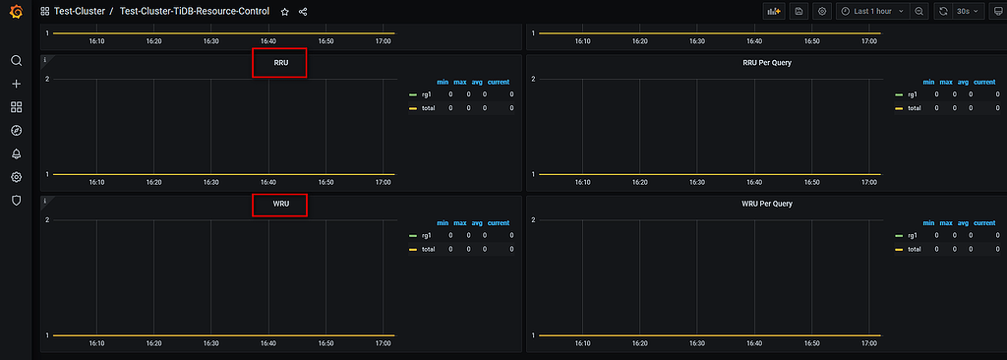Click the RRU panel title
pos(280,63)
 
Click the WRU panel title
pos(280,204)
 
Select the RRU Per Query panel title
pos(767,63)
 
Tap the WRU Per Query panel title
pos(767,204)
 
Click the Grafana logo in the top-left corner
pos(16,12)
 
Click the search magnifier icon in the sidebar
pos(16,61)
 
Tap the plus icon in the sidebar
pos(16,84)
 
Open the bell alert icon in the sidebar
pos(16,153)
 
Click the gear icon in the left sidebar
pos(16,177)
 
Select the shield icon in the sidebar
pos(16,200)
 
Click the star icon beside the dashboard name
pos(284,12)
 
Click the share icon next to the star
pos(302,12)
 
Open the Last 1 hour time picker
pos(871,12)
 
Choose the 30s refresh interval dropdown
pos(969,12)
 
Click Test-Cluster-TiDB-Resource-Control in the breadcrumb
pos(195,12)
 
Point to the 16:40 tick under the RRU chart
pos(267,182)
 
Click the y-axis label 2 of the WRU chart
pos(47,219)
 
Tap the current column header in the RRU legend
pos(499,82)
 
